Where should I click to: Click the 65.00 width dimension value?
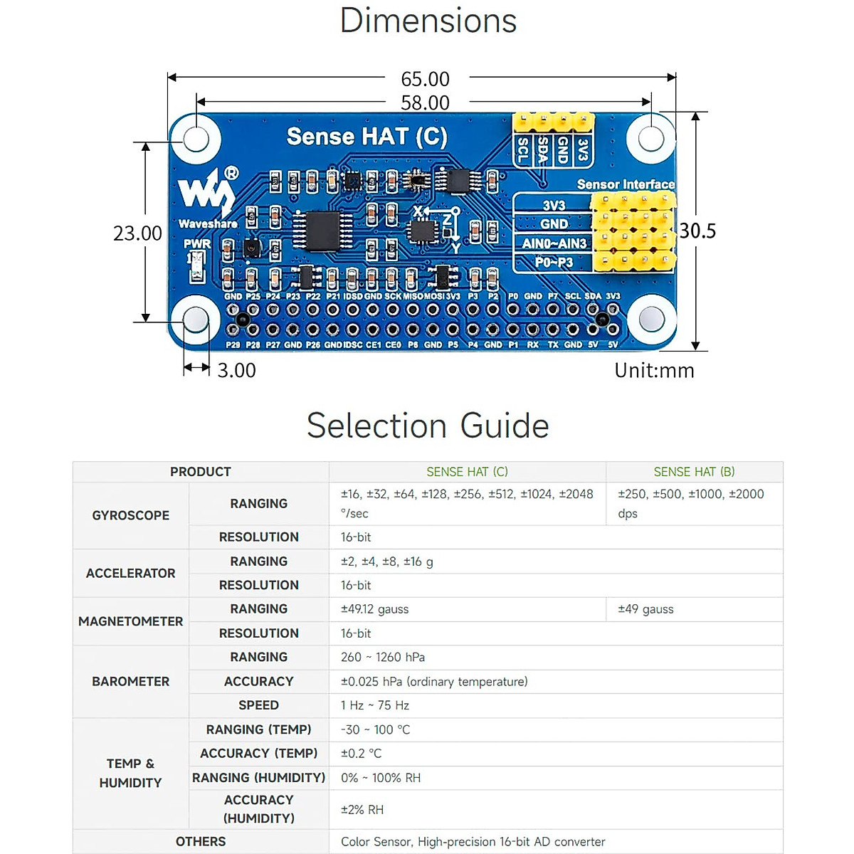point(425,79)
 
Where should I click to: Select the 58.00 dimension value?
point(425,102)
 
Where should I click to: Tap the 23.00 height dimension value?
point(137,233)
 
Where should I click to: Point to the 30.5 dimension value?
point(697,231)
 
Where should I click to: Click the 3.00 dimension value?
point(236,370)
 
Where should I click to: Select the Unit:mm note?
point(654,370)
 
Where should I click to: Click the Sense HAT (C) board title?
point(367,136)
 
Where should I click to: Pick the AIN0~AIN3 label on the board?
point(554,243)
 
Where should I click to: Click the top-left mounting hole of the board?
point(196,137)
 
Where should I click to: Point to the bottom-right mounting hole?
point(651,320)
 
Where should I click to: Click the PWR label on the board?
point(197,243)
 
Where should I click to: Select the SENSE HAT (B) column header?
point(694,472)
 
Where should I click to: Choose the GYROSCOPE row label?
point(131,515)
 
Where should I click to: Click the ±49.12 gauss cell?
point(374,609)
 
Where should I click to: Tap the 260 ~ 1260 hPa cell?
point(382,657)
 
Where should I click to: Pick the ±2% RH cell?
point(362,809)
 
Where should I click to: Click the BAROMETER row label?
point(131,681)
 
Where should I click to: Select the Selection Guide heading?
point(428,426)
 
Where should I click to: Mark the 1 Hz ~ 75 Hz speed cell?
point(374,705)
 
